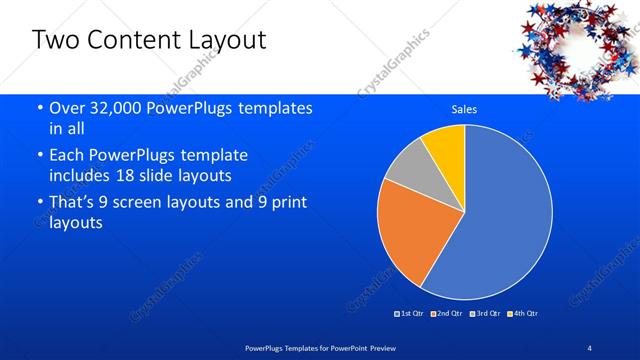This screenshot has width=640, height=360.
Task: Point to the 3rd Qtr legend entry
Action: pos(485,314)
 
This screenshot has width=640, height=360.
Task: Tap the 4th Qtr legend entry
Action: pos(524,314)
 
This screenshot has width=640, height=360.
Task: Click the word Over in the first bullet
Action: pos(68,109)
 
